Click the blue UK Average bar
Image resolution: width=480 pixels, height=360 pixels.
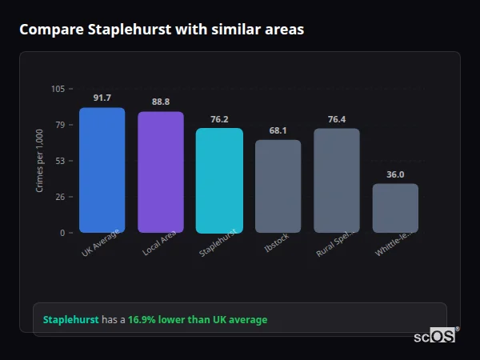(x=102, y=170)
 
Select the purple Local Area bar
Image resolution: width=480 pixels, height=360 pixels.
(x=161, y=172)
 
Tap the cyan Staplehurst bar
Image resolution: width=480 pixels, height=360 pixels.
(x=219, y=181)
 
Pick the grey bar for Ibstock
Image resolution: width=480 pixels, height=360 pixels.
(x=278, y=186)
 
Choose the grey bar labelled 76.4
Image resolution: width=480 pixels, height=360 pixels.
(x=337, y=181)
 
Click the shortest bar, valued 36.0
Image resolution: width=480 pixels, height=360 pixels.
(x=395, y=208)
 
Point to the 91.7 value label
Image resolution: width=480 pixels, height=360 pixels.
(x=102, y=98)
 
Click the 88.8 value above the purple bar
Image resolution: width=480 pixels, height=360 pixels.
(x=161, y=102)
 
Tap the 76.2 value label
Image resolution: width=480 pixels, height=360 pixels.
(x=219, y=119)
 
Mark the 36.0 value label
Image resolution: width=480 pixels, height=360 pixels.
(x=395, y=174)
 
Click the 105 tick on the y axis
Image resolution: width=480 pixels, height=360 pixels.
(x=58, y=89)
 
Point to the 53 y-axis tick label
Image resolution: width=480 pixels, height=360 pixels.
(x=60, y=161)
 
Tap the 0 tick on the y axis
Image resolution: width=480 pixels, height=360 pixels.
(x=62, y=233)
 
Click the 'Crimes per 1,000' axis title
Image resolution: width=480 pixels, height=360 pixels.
(x=40, y=160)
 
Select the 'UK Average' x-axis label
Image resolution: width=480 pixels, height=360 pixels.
(x=101, y=243)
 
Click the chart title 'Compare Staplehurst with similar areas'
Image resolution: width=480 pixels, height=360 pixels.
(x=161, y=30)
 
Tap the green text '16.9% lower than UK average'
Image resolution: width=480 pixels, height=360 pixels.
(x=198, y=319)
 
